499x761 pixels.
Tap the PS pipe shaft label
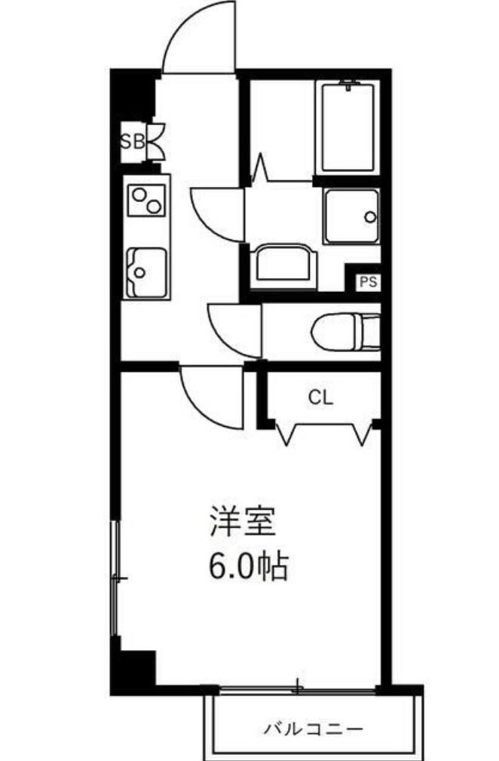[368, 283]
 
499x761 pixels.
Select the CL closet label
[320, 397]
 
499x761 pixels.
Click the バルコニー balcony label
[314, 729]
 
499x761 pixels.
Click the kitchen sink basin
[146, 272]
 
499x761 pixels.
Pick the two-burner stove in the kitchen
[146, 200]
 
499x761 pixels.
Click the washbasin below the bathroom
[283, 264]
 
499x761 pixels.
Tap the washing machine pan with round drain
[351, 216]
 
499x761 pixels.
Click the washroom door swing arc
[215, 213]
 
